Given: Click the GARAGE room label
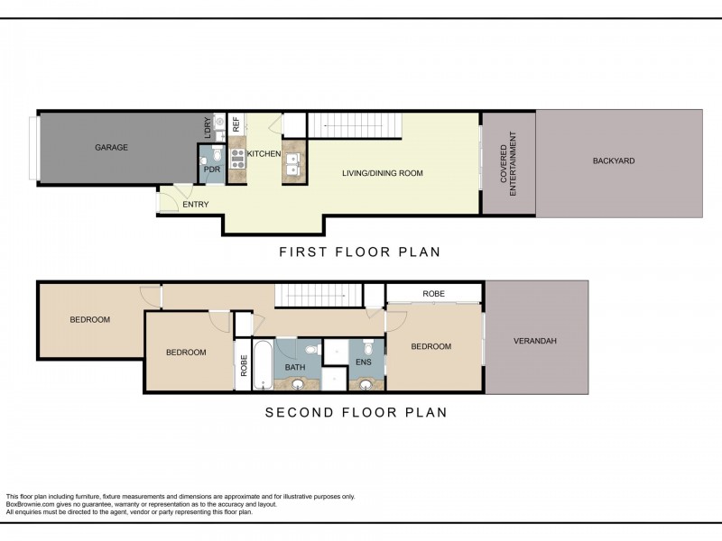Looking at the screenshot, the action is pos(111,148).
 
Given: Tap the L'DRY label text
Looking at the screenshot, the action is pos(208,128).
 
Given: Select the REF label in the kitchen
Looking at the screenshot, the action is pos(236,124).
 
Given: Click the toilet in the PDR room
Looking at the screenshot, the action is pos(204,160).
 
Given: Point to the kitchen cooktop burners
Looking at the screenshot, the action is pos(237,159).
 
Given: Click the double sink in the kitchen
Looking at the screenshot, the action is pos(292,164).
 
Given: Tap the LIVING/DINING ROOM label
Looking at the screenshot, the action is pos(383,173).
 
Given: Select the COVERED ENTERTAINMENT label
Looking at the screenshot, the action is pos(508,164).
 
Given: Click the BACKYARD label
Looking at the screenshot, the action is pos(614,161).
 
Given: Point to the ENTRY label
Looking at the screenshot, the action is pos(196,205).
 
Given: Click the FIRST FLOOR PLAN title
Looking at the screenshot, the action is pos(360,252).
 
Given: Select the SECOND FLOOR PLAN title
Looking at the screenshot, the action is pos(356,412).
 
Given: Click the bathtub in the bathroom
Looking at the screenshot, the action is pos(263,365).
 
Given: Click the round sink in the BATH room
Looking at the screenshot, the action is pos(298,384).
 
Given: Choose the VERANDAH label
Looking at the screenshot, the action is pos(535,341).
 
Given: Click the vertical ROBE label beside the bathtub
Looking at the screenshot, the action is pos(244,366).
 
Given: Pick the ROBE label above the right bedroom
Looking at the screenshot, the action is pos(434,294).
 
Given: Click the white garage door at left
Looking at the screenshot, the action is pos(33,148).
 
